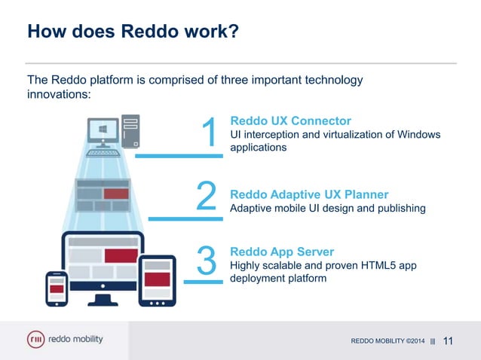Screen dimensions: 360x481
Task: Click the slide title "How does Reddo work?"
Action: [133, 33]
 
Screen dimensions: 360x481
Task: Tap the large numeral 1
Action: [210, 133]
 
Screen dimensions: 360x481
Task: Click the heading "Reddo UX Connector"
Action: [290, 121]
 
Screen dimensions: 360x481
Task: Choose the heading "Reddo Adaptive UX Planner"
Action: [309, 194]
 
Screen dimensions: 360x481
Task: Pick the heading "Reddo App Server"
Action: [281, 252]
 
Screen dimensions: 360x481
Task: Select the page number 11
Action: [449, 341]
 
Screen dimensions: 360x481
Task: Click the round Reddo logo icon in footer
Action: [35, 340]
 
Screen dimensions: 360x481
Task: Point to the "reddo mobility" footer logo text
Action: [75, 340]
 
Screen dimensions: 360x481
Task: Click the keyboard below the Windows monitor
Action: [106, 152]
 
